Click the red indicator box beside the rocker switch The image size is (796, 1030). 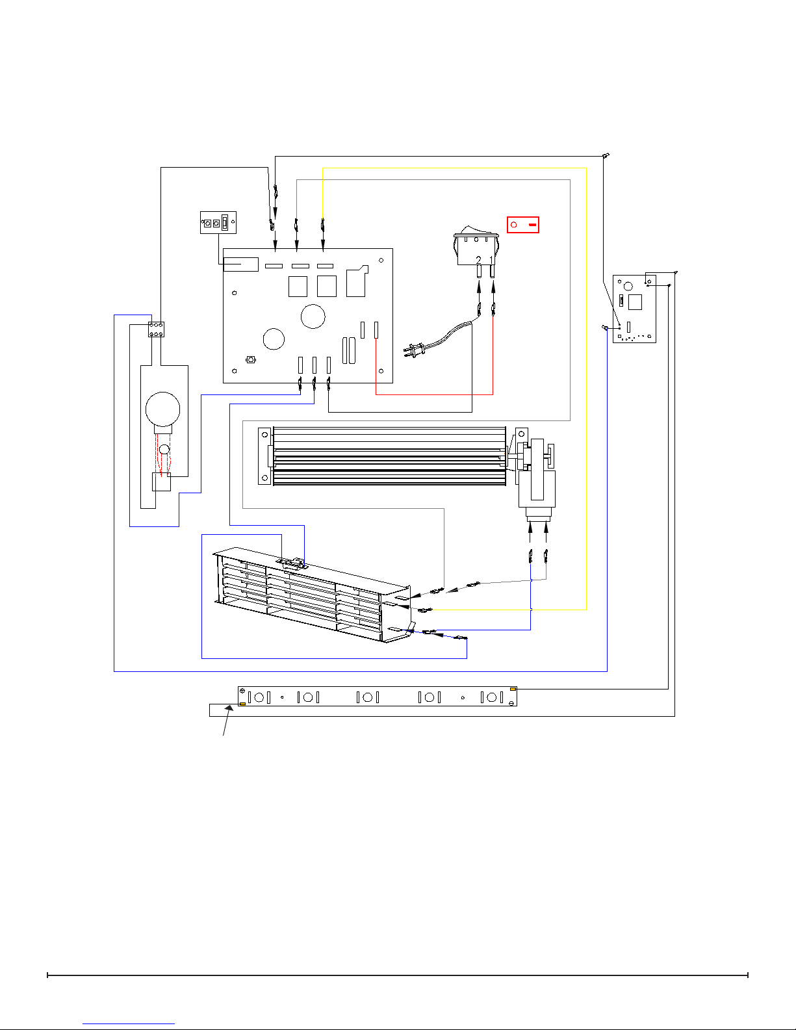click(x=522, y=225)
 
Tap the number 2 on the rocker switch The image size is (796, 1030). click(x=478, y=260)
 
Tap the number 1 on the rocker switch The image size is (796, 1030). click(x=491, y=260)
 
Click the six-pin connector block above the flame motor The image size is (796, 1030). click(x=156, y=329)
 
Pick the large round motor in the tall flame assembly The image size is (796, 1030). click(x=162, y=409)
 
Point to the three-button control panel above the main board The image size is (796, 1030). click(x=218, y=222)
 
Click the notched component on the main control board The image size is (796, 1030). click(x=357, y=281)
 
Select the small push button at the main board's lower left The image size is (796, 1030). click(x=251, y=360)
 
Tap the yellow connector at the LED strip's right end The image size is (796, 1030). click(x=513, y=689)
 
